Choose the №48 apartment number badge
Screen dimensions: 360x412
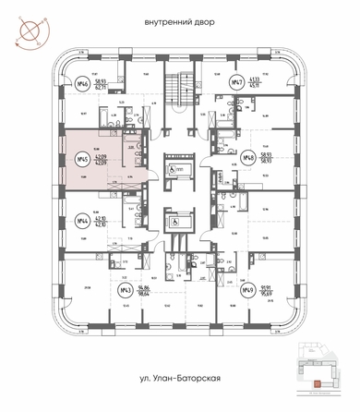[x=249, y=159]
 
